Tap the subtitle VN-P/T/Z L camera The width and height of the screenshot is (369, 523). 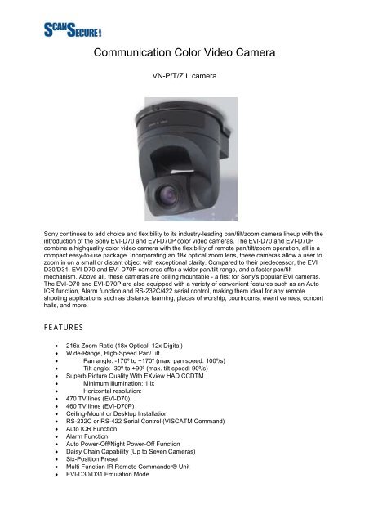tap(184, 85)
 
